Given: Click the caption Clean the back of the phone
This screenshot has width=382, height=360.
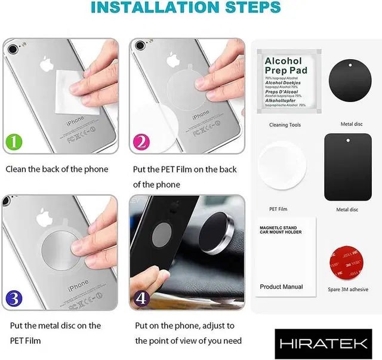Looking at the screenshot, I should pyautogui.click(x=57, y=169).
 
